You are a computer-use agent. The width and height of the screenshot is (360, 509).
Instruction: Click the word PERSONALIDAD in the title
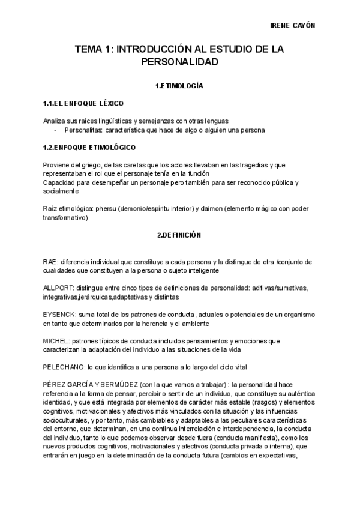(179, 62)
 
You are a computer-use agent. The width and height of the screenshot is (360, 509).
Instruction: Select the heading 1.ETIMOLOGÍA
(179, 86)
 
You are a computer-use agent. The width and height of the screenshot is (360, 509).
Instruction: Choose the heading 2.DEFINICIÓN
(179, 235)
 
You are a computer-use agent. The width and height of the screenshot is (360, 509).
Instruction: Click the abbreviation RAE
(50, 262)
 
